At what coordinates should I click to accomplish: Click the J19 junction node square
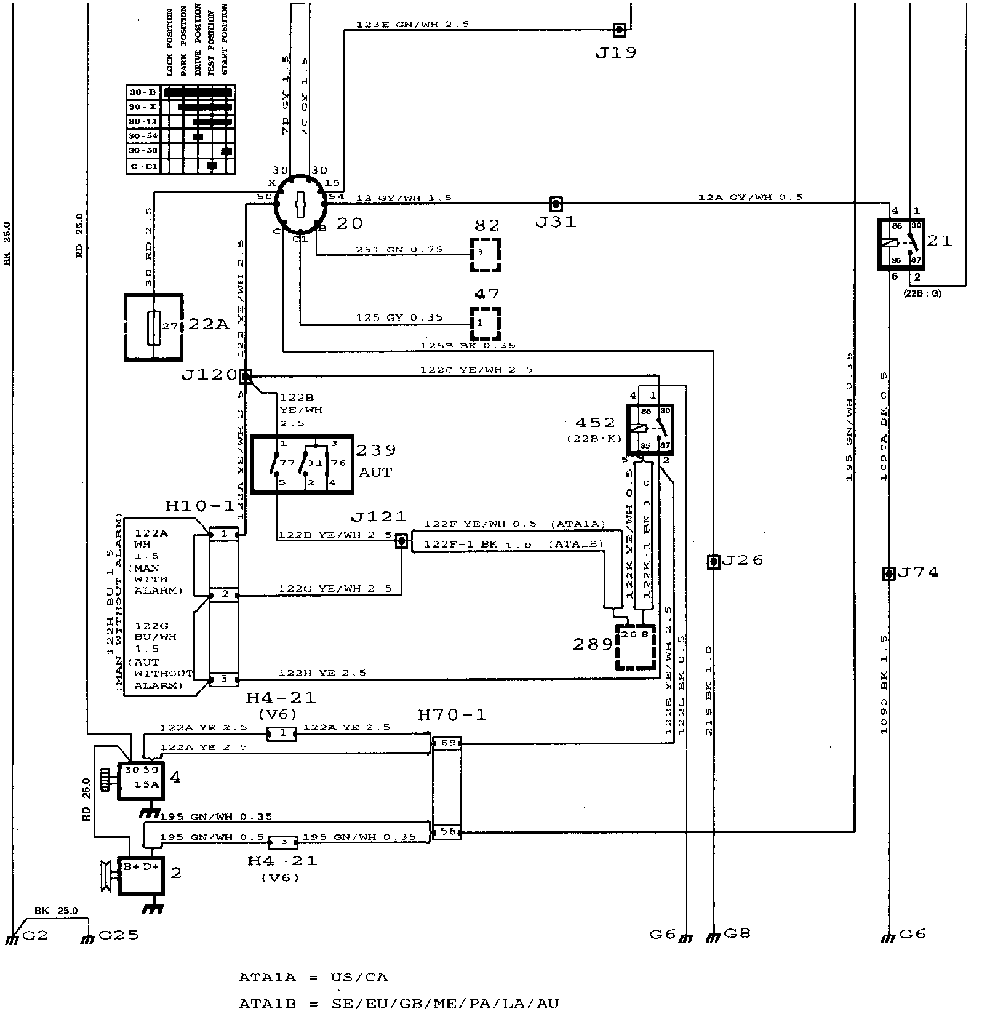(620, 29)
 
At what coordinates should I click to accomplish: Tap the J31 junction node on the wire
(556, 203)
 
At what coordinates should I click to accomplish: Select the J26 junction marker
(713, 561)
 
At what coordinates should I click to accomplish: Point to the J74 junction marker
(889, 573)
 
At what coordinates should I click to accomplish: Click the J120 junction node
(246, 375)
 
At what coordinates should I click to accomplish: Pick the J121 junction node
(401, 541)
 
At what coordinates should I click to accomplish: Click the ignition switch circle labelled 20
(300, 203)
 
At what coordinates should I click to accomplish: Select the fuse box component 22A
(154, 327)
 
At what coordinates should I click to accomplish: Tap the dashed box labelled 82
(486, 253)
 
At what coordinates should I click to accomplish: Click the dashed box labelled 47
(486, 324)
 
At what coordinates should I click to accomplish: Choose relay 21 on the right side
(900, 244)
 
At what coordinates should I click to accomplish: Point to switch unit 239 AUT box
(302, 464)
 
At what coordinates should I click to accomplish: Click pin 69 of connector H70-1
(447, 743)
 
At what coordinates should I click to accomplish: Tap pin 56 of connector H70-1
(447, 831)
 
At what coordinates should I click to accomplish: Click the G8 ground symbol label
(737, 933)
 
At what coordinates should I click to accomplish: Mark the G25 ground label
(118, 935)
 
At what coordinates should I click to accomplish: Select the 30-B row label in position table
(143, 92)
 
